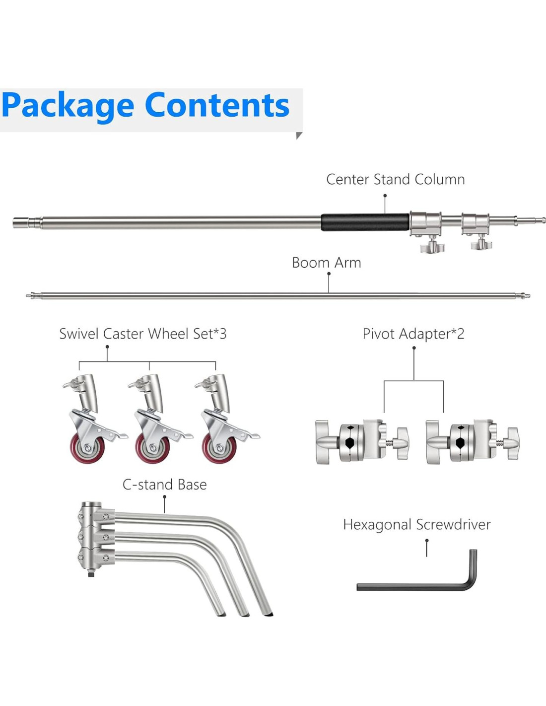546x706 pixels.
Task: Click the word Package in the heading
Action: click(x=68, y=106)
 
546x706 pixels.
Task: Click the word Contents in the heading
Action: click(x=217, y=105)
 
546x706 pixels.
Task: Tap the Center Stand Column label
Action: click(x=395, y=179)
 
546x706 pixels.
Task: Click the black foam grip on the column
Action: click(x=365, y=222)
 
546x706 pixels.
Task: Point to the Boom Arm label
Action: click(x=326, y=263)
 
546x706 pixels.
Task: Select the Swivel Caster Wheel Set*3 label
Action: click(x=142, y=334)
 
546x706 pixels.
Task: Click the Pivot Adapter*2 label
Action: click(x=413, y=334)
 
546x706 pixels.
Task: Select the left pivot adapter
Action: click(x=362, y=441)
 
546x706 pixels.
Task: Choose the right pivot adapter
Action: click(x=472, y=441)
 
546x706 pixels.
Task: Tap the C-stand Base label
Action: click(x=164, y=485)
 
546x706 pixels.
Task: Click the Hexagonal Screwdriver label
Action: click(x=416, y=525)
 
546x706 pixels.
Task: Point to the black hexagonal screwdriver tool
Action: click(x=422, y=586)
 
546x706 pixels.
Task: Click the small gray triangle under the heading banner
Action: click(x=298, y=136)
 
